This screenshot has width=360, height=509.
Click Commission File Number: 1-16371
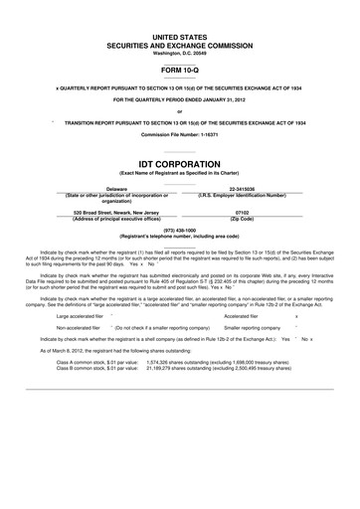coord(179,133)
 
